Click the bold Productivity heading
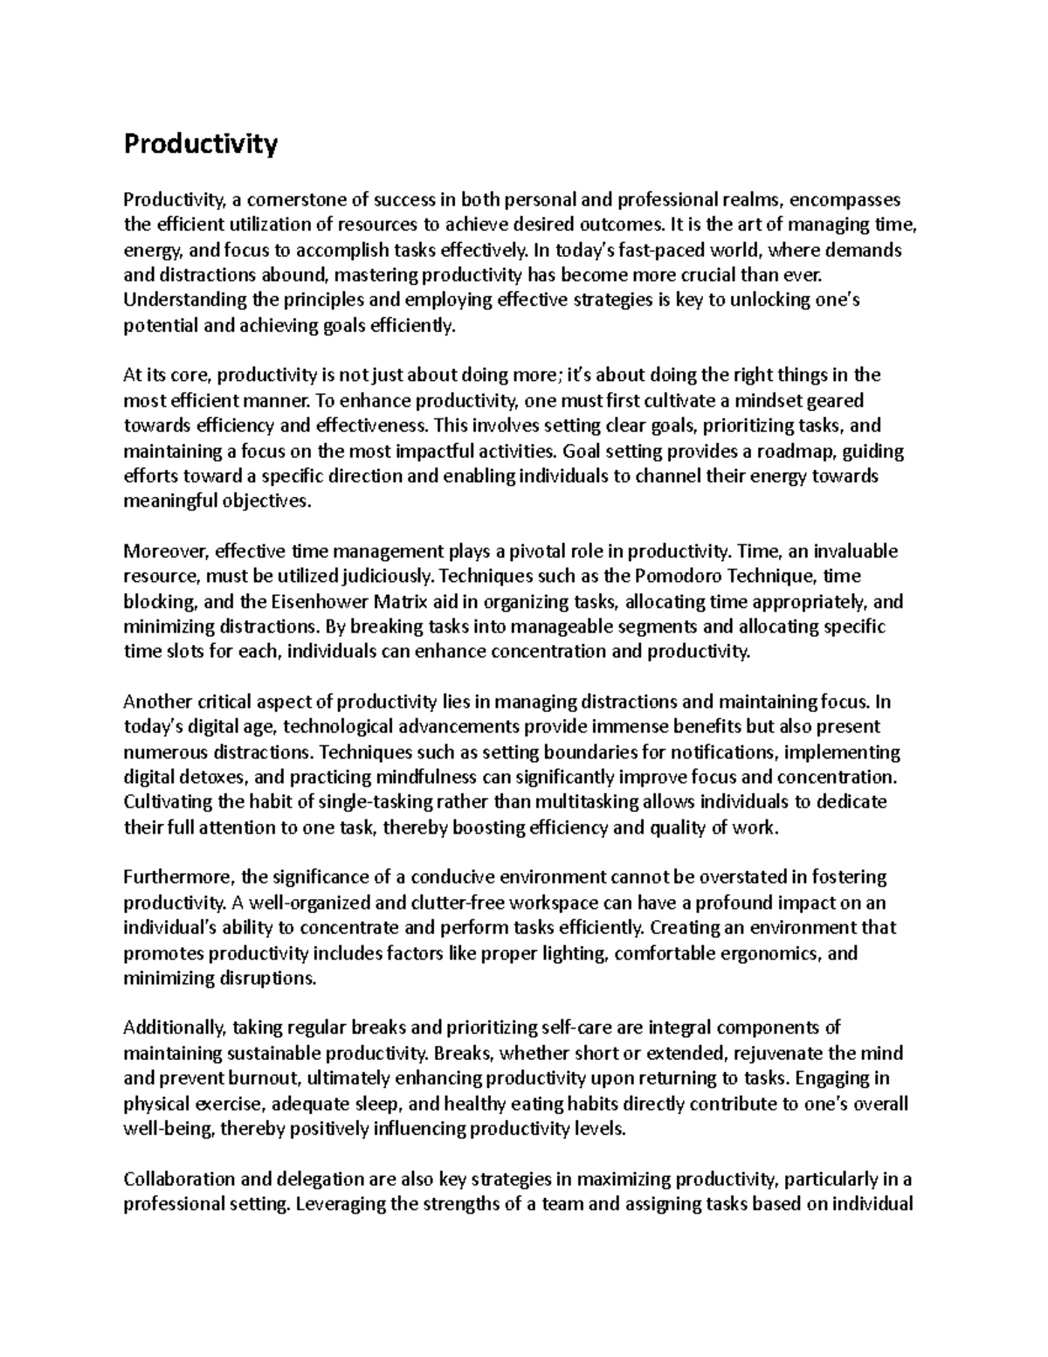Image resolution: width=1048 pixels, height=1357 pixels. pos(200,143)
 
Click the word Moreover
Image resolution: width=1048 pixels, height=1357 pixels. pos(165,551)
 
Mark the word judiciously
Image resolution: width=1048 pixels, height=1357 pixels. pos(389,577)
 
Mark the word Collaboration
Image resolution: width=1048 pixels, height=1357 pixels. pos(179,1180)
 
